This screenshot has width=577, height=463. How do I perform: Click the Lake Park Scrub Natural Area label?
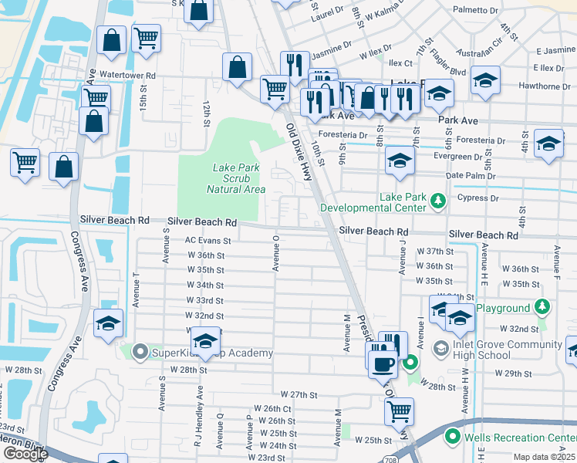click(236, 178)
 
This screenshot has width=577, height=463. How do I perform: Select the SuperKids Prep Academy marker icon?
click(140, 353)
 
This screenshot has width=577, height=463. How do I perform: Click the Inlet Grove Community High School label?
click(494, 350)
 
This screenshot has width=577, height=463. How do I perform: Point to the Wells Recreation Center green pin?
click(451, 438)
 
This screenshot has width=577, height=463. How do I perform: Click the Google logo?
click(25, 454)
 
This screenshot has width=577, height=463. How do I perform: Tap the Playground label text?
click(502, 308)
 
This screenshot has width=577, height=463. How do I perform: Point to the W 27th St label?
click(299, 394)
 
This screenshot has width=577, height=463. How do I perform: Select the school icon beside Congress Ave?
click(109, 323)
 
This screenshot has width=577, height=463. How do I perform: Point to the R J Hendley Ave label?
click(199, 413)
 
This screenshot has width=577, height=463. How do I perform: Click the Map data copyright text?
click(545, 458)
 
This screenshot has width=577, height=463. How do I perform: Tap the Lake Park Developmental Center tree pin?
click(438, 201)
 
